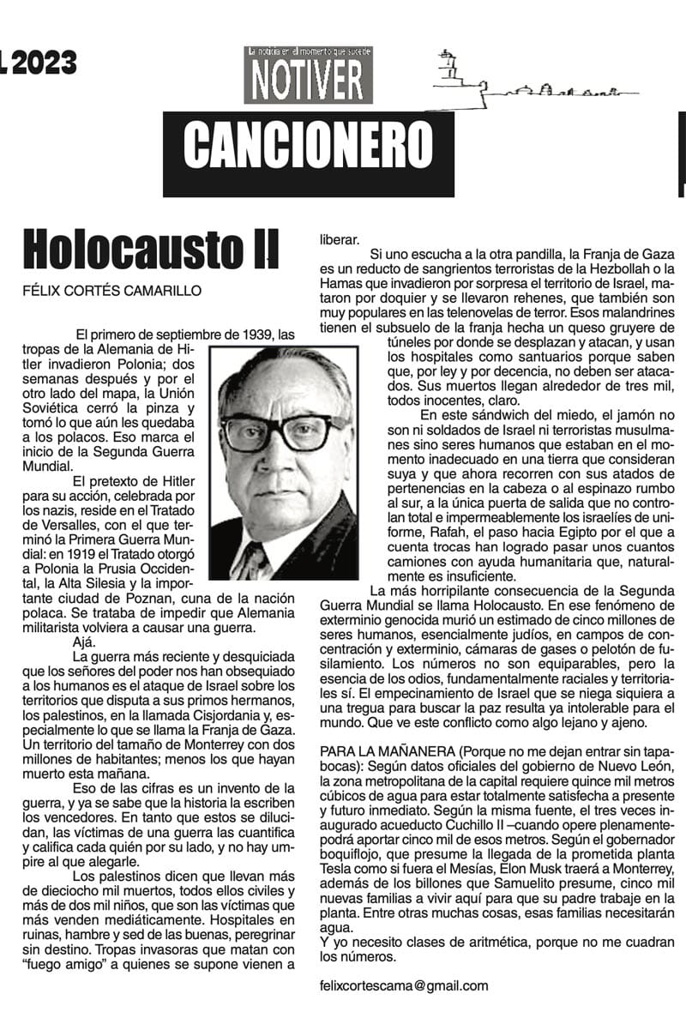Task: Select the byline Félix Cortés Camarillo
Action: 112,291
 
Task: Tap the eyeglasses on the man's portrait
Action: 283,431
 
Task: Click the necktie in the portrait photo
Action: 255,557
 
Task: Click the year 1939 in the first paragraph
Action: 261,334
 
